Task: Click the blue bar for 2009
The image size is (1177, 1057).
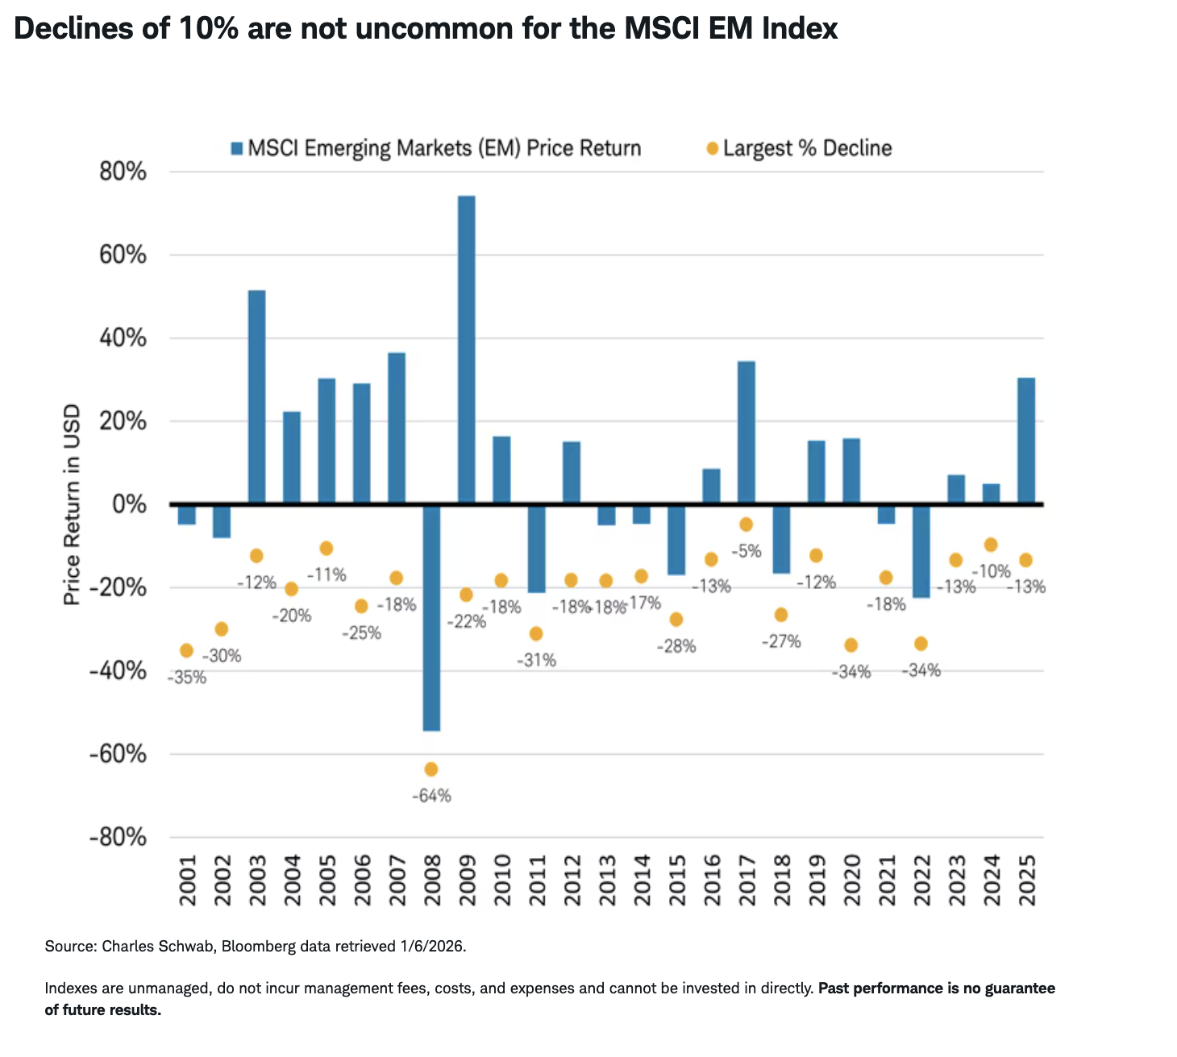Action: pos(466,350)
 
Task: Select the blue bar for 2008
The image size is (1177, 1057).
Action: pos(431,618)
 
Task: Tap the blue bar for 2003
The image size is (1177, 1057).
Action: pos(256,397)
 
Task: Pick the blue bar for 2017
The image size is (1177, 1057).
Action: pos(747,433)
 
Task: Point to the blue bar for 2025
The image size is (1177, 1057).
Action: pos(1026,441)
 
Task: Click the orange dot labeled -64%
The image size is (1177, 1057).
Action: pos(431,769)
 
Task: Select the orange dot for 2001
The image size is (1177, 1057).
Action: pos(186,650)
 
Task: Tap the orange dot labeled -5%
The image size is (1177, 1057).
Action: pos(747,524)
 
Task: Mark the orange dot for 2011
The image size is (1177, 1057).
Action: pos(536,634)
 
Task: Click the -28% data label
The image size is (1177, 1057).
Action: pos(676,646)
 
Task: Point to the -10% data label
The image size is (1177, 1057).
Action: pos(991,571)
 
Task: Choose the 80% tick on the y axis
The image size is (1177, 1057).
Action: pos(123,172)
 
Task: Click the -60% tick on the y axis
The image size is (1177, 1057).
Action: pos(118,754)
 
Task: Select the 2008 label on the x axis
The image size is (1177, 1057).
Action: pos(432,881)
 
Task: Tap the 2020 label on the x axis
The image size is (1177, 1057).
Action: pos(852,881)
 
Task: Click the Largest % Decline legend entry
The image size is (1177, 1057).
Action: pos(807,148)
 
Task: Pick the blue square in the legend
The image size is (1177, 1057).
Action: pos(236,148)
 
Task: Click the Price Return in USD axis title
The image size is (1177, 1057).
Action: pos(73,504)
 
